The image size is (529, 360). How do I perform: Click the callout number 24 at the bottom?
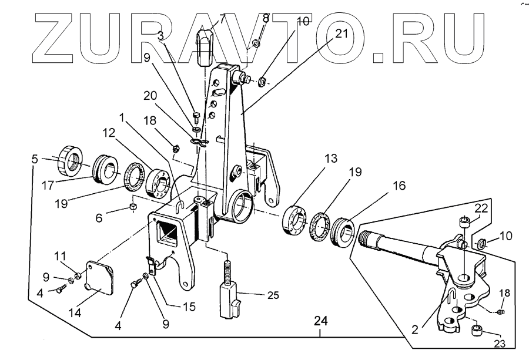pos(320,321)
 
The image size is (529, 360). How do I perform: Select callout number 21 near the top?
pos(341,33)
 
